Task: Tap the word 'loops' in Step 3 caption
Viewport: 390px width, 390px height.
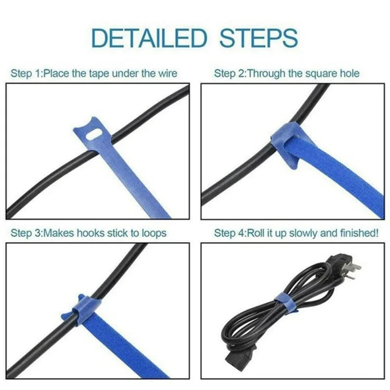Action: click(155, 233)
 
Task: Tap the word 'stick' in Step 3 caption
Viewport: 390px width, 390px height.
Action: click(119, 233)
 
